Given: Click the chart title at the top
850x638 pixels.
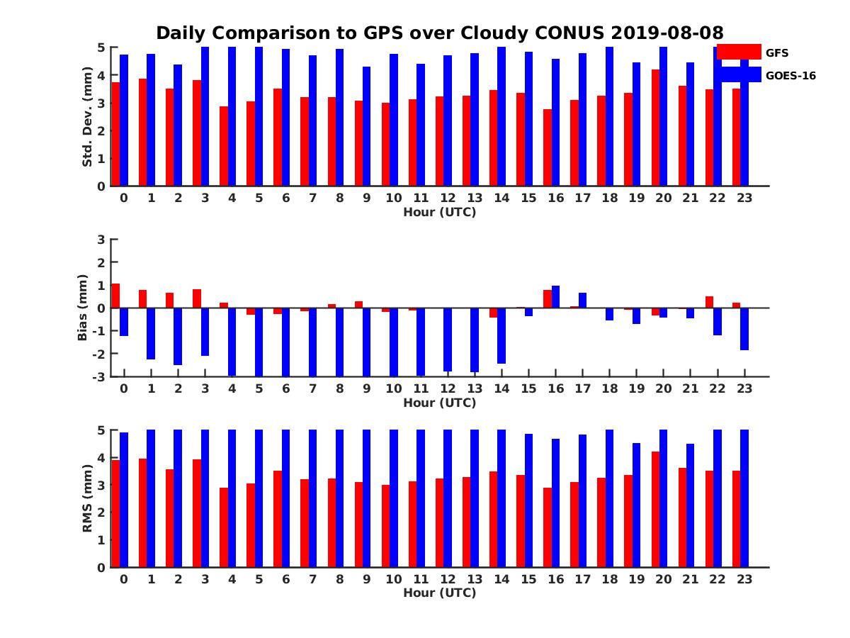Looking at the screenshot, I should click(439, 33).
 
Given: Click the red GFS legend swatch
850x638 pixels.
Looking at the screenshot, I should click(738, 52).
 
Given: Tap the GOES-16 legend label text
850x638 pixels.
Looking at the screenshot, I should click(790, 75).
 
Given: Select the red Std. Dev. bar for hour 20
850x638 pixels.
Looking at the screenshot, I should click(656, 128).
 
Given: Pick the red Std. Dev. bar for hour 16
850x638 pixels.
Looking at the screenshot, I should click(548, 147).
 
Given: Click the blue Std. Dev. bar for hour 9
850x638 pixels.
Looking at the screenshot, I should click(366, 126).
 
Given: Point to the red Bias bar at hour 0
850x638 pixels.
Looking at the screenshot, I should click(115, 296).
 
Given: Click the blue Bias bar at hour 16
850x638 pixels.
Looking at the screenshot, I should click(556, 297).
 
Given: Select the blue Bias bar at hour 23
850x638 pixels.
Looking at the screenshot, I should click(744, 329).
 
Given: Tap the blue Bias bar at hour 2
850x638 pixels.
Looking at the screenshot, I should click(178, 336).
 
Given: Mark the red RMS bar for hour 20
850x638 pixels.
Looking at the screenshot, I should click(656, 509).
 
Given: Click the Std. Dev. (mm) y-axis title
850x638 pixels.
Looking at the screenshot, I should click(87, 117).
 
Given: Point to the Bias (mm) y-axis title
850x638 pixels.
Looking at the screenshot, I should click(83, 308).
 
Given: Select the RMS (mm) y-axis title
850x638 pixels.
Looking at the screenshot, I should click(87, 498).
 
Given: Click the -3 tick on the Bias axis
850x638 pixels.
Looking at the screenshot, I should click(98, 376).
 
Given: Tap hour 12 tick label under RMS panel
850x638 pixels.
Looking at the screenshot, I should click(448, 578).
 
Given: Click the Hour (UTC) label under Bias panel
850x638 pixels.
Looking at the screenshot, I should click(439, 403).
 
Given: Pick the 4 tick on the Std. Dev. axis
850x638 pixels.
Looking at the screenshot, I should click(101, 75).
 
